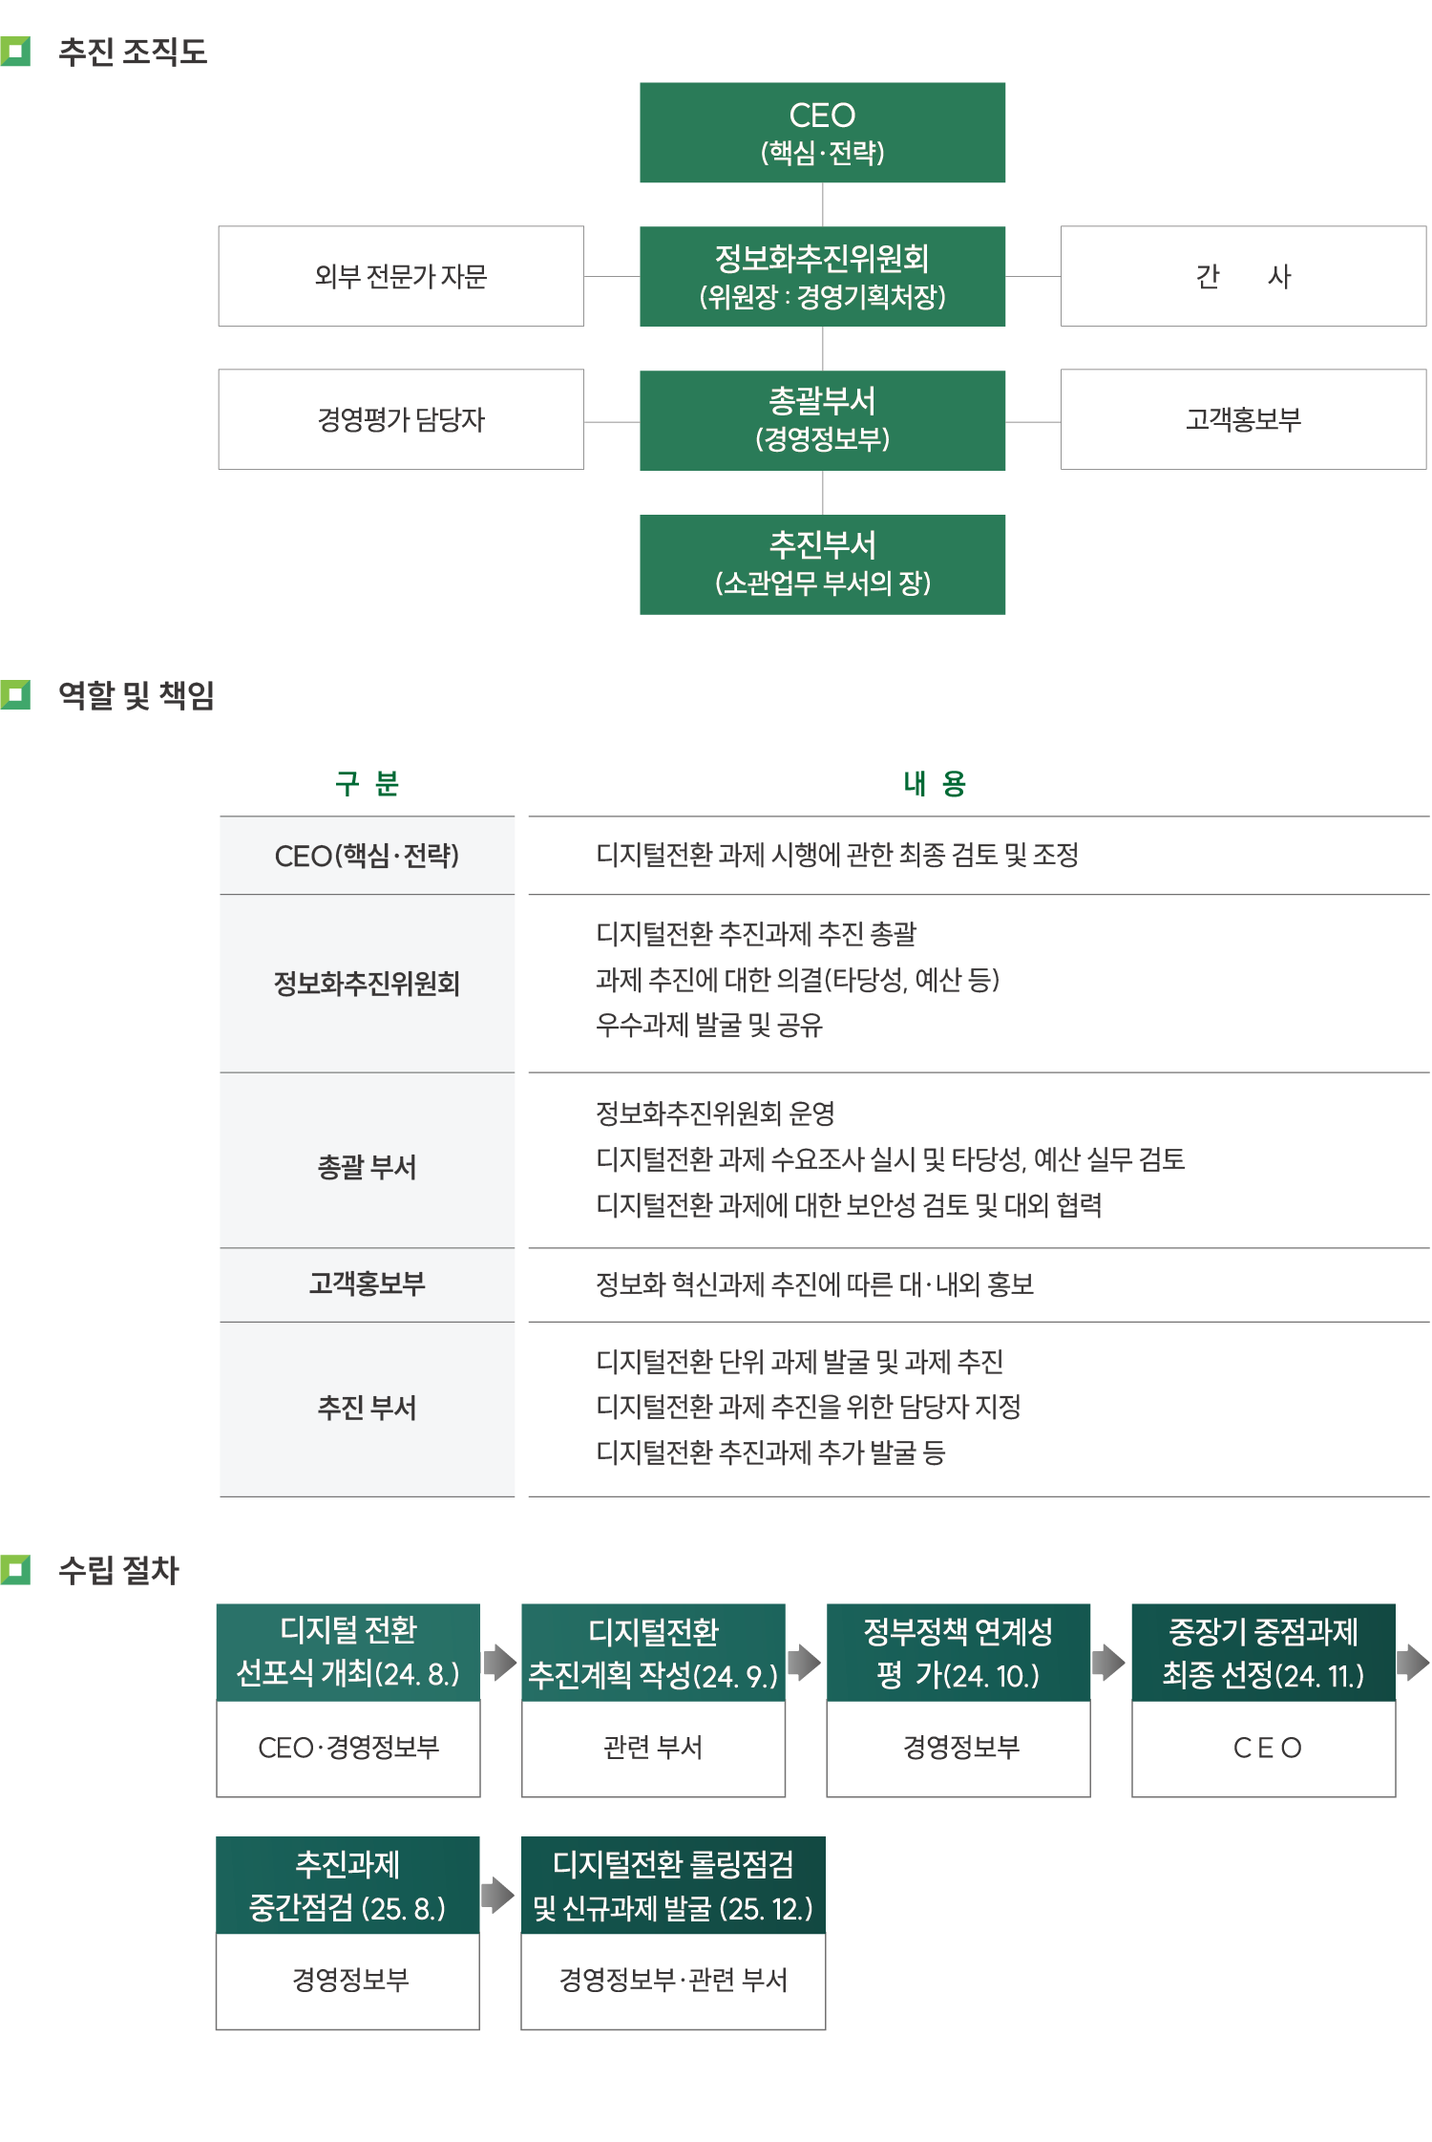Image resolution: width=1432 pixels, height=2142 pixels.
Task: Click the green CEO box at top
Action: click(x=822, y=133)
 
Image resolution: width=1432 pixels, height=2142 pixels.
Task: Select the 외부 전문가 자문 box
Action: click(x=401, y=277)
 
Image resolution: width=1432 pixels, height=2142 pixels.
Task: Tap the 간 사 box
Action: click(x=1243, y=277)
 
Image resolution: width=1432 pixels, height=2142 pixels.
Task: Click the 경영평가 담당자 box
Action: click(x=401, y=420)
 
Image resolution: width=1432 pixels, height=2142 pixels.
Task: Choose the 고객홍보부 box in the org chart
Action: click(x=1243, y=420)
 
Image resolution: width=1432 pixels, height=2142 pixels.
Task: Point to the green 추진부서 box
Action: click(x=822, y=564)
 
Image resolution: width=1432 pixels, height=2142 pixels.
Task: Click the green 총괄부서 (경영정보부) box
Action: click(x=822, y=420)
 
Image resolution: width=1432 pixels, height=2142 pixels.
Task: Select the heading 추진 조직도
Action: click(x=133, y=52)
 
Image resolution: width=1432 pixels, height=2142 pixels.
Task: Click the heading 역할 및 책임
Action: click(x=137, y=695)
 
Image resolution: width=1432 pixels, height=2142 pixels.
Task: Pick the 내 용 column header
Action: click(x=936, y=784)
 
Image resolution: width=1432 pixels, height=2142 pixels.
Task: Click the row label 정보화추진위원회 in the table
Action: click(x=368, y=984)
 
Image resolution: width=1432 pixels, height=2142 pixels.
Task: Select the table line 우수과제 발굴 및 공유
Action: click(x=709, y=1026)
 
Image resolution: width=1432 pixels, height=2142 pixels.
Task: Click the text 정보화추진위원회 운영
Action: click(x=716, y=1113)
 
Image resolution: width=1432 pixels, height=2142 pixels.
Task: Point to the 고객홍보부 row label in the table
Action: click(x=368, y=1284)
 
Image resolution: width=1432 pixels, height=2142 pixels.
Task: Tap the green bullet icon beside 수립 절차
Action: click(x=15, y=1570)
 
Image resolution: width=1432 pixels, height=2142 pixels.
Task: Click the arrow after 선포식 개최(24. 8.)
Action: click(x=500, y=1663)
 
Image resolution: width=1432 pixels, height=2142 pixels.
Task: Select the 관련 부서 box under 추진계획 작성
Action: click(x=654, y=1749)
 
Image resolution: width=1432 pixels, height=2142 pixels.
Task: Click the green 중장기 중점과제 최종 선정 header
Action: click(x=1263, y=1653)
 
